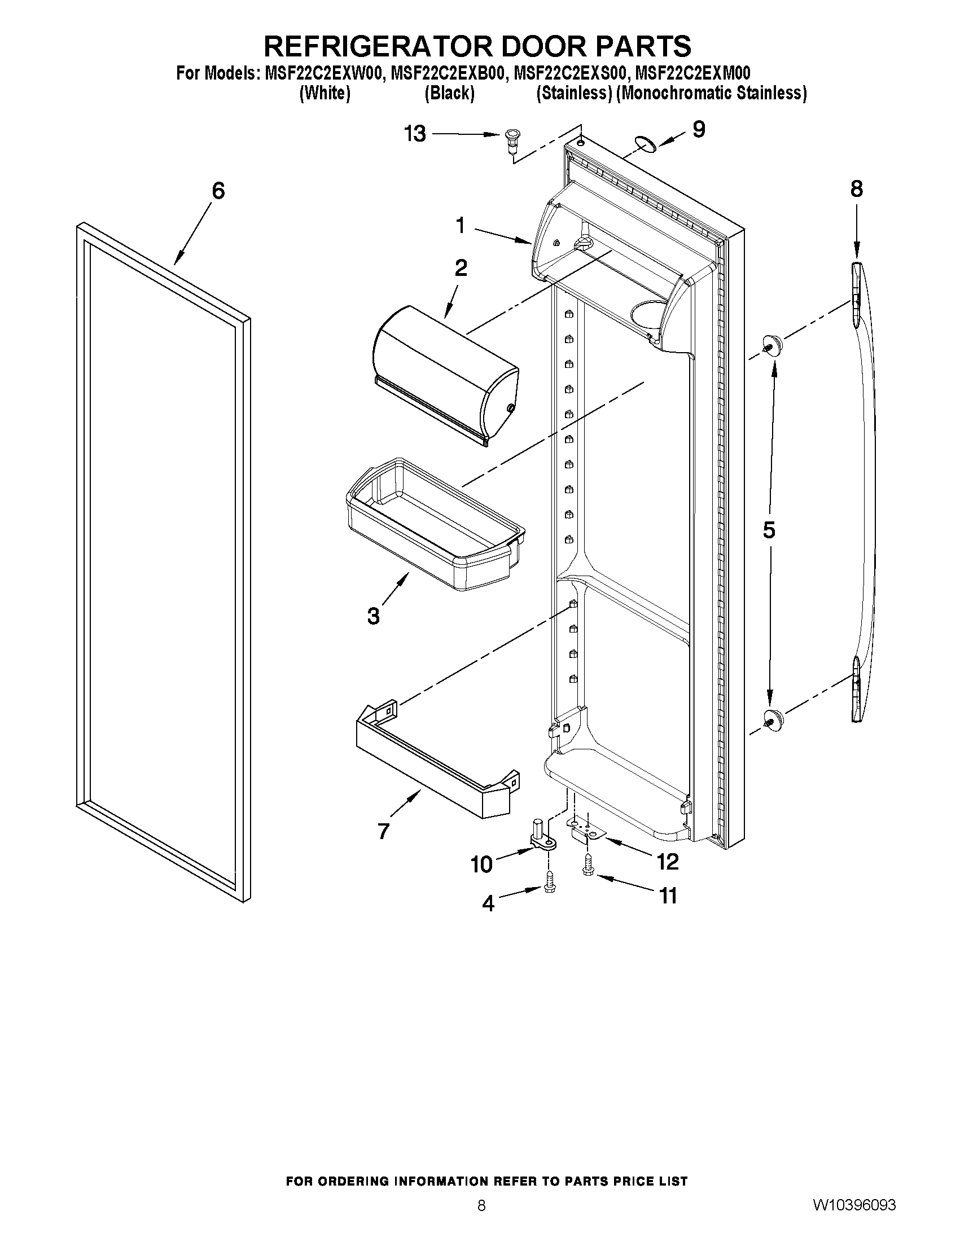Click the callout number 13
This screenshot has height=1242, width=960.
415,134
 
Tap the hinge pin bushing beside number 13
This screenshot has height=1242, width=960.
512,140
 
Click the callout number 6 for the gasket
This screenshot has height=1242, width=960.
218,191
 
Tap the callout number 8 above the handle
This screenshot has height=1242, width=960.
857,189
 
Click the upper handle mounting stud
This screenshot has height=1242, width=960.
771,344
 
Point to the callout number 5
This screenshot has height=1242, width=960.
768,530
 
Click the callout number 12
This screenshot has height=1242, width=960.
668,862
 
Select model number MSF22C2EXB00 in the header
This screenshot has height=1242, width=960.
447,73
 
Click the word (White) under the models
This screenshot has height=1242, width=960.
325,93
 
